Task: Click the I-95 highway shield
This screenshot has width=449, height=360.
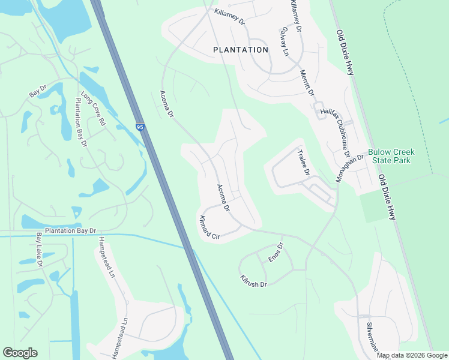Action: [x=140, y=127]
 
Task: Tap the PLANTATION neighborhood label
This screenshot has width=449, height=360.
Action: [x=241, y=50]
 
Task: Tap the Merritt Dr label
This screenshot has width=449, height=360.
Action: [x=307, y=83]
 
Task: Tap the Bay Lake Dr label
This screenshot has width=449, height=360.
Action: [x=39, y=250]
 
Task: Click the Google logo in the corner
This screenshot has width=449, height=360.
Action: [x=20, y=353]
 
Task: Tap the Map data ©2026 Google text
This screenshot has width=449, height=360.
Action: [x=412, y=355]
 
